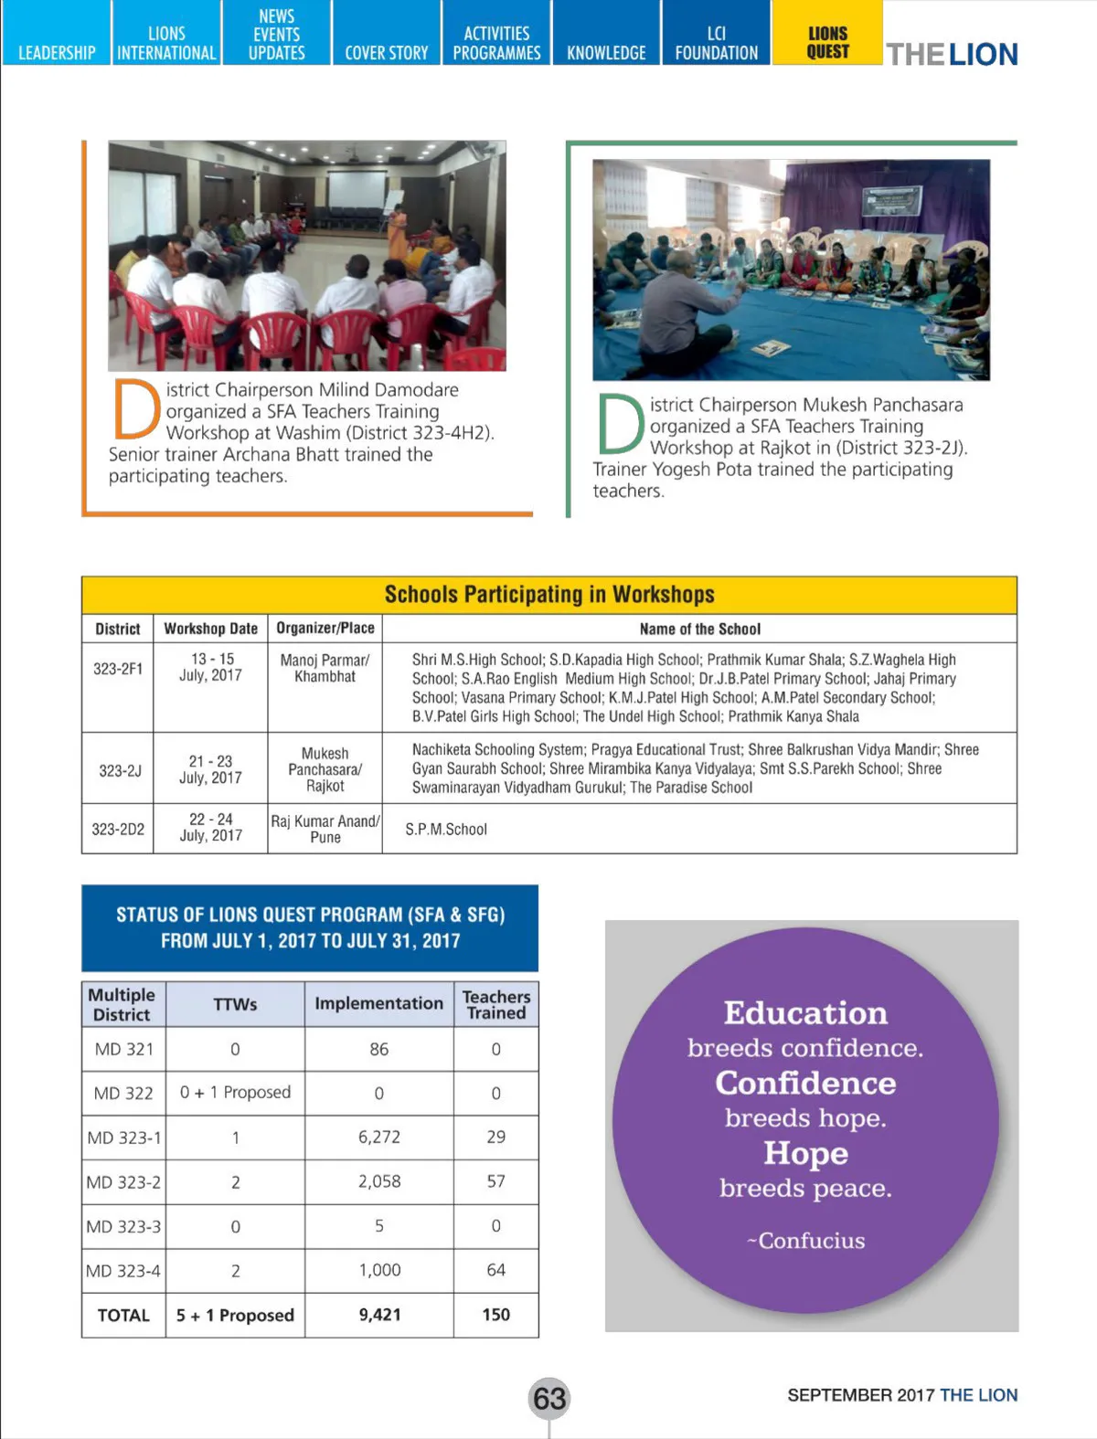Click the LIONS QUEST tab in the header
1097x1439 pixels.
pyautogui.click(x=827, y=42)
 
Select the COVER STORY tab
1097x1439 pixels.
pyautogui.click(x=386, y=52)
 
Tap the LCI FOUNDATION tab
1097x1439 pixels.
pyautogui.click(x=716, y=43)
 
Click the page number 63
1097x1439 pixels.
pyautogui.click(x=549, y=1398)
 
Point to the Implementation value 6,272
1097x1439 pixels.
pyautogui.click(x=379, y=1137)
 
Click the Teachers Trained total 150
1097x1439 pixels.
pyautogui.click(x=495, y=1314)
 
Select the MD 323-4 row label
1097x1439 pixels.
pyautogui.click(x=123, y=1270)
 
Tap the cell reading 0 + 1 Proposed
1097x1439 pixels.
pyautogui.click(x=235, y=1092)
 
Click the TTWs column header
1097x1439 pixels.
pyautogui.click(x=235, y=1003)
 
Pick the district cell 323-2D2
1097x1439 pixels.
pyautogui.click(x=118, y=829)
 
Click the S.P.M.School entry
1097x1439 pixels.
pyautogui.click(x=446, y=829)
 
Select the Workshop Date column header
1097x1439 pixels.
pyautogui.click(x=210, y=629)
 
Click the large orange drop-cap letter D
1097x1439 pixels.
pyautogui.click(x=136, y=409)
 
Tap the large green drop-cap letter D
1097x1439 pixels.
pyautogui.click(x=621, y=424)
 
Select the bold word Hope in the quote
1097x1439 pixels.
pyautogui.click(x=805, y=1153)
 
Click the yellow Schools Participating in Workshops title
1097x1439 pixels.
pyautogui.click(x=548, y=595)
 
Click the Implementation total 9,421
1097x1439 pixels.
pyautogui.click(x=379, y=1314)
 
